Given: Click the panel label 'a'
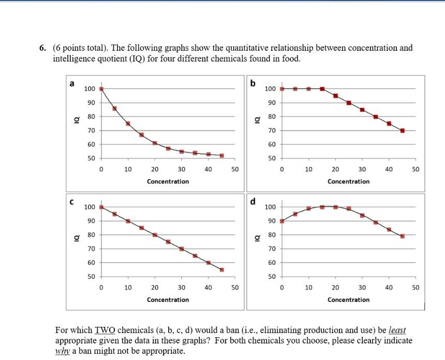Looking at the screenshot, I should point(72,83).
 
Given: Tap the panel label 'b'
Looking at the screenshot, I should point(253,83).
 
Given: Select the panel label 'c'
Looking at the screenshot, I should point(72,201).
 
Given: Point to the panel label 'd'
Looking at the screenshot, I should point(253,201).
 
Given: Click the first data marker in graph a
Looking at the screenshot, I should point(101,89).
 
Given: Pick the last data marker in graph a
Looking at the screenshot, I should point(222,155).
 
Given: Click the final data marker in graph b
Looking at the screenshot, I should point(402,131).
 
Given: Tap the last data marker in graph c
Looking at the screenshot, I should point(222,270).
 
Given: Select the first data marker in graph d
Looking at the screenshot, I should point(281,221).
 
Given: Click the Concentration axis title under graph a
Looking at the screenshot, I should point(168,182).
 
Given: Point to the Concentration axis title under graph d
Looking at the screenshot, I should point(348,300).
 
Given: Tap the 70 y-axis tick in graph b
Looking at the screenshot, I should point(270,131).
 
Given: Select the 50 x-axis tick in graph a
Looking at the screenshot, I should point(235,169).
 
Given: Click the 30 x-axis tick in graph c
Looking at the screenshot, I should point(182,287).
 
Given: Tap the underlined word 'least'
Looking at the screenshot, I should point(397,330).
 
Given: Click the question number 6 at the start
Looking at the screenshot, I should point(42,48).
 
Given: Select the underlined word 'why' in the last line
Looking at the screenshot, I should point(63,351).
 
